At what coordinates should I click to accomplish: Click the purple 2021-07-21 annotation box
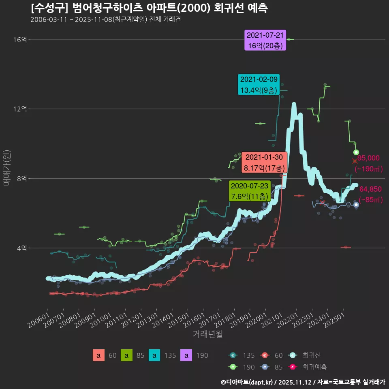point(265,40)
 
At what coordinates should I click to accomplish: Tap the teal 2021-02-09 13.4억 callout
point(259,85)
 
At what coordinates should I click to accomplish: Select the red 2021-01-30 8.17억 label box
point(264,162)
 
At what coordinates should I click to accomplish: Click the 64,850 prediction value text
point(370,189)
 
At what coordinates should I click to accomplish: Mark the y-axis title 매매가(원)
point(6,168)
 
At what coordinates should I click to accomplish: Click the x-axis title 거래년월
point(207,334)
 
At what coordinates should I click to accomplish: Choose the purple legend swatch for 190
point(186,355)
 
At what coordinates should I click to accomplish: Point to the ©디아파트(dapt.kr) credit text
point(247,382)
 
